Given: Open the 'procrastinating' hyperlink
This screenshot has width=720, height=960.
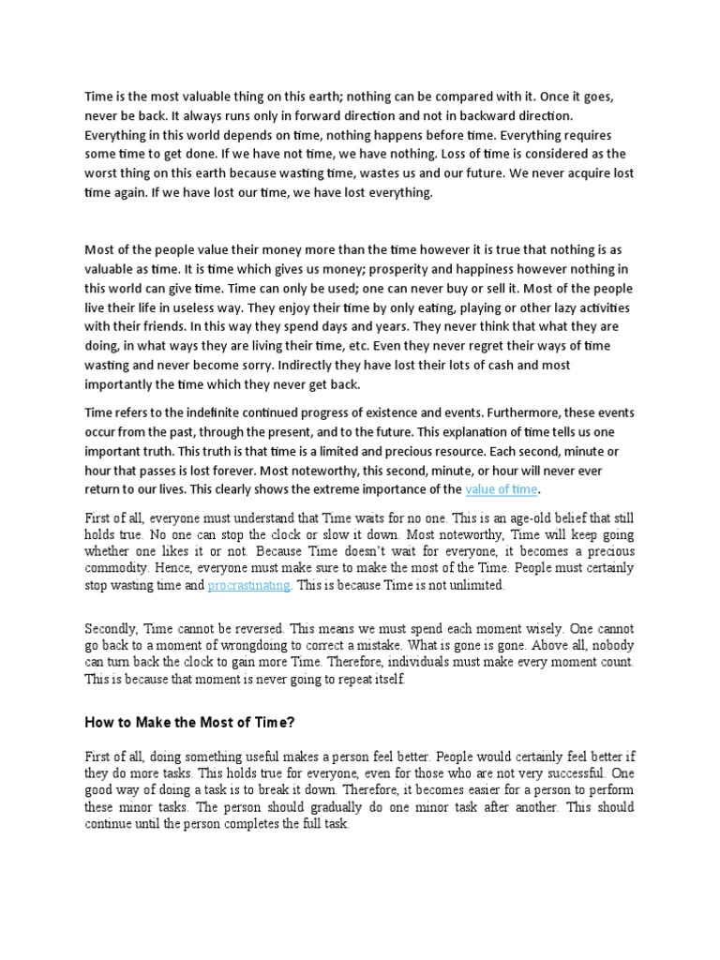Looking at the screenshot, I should (x=249, y=585).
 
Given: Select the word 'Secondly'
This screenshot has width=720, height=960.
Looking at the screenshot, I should (x=113, y=629).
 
